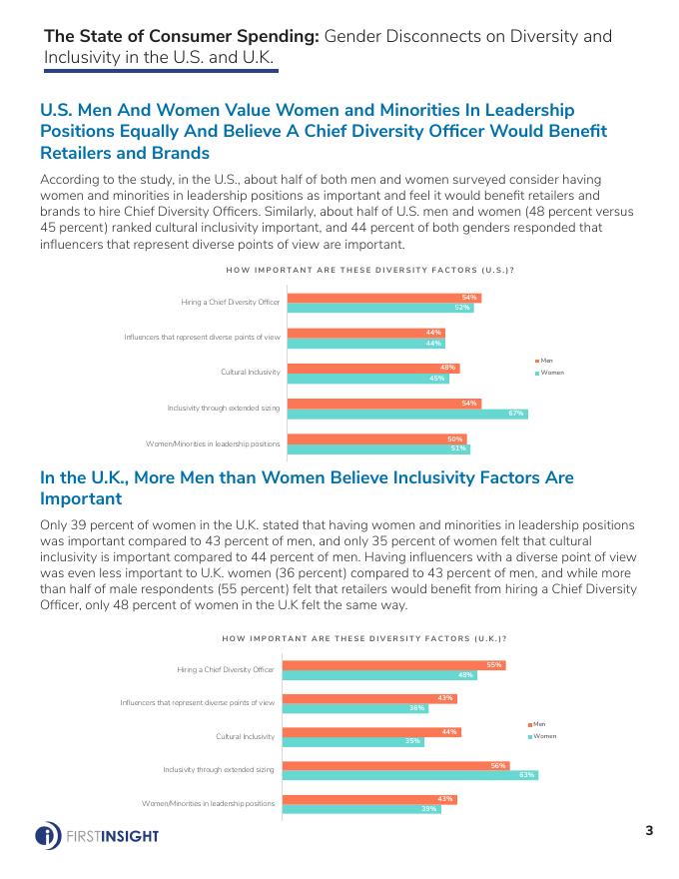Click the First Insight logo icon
(x=47, y=835)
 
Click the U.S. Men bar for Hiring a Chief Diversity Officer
(x=384, y=297)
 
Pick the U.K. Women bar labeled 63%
(x=411, y=775)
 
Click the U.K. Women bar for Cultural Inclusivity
(x=353, y=741)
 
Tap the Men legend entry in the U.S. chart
(x=544, y=361)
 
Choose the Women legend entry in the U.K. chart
(x=540, y=735)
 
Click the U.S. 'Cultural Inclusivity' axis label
(x=250, y=373)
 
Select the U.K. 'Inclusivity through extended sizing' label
(x=219, y=769)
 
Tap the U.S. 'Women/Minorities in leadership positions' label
(x=213, y=442)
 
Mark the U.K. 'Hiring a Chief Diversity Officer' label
(x=226, y=669)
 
